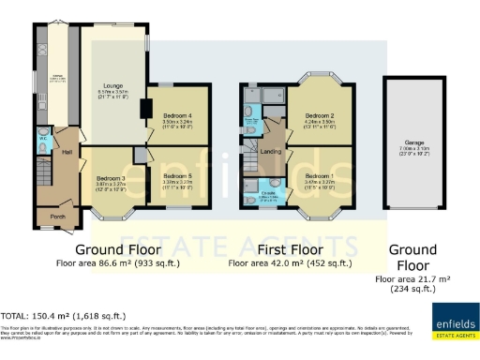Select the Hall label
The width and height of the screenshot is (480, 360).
coord(67,151)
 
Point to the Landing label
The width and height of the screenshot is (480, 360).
coord(271,151)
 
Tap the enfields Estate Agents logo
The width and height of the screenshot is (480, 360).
coord(454,314)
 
